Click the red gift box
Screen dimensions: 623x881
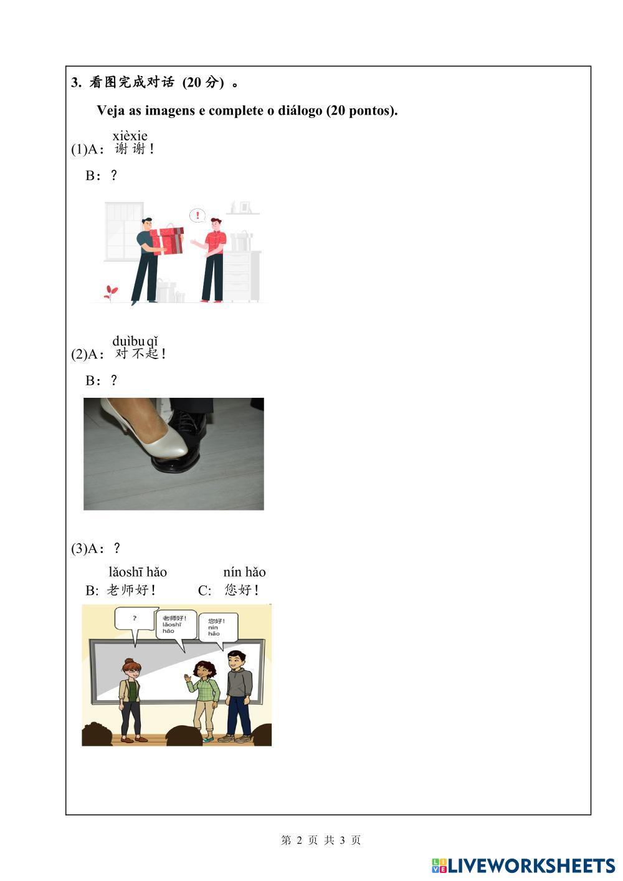tap(168, 241)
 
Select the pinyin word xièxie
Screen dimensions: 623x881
tap(130, 136)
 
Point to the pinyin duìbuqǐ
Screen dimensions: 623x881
tap(135, 342)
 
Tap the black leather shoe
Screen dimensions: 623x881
tap(181, 436)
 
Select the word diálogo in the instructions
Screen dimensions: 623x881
tap(300, 111)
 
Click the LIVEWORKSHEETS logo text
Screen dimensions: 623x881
tap(531, 865)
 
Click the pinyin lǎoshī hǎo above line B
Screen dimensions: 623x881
tap(138, 572)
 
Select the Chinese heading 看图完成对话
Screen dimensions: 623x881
tap(131, 82)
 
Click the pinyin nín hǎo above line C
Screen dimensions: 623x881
tap(244, 572)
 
